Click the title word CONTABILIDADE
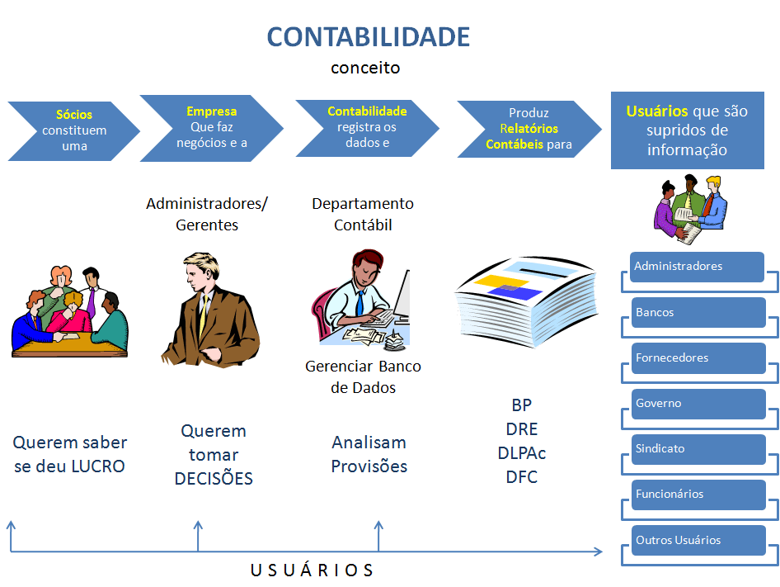click(369, 37)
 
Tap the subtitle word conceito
click(365, 68)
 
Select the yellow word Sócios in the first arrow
click(74, 115)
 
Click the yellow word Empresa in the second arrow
click(211, 111)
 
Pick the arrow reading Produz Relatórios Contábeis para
click(529, 129)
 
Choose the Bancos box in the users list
click(698, 313)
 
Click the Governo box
click(698, 404)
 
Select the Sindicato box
click(698, 449)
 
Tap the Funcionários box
click(698, 495)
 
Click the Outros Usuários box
click(698, 541)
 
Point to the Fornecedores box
click(698, 358)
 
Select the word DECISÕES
click(214, 479)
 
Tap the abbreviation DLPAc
click(521, 453)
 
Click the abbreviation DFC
click(521, 477)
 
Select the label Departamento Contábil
click(363, 214)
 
